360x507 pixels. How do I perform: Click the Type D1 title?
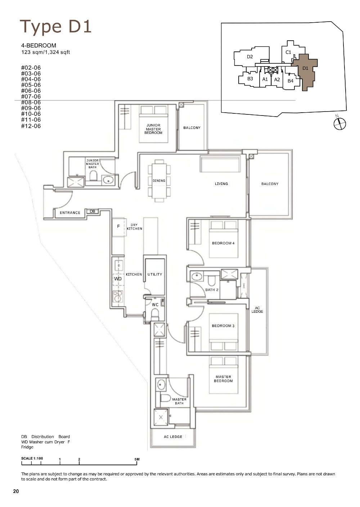click(56, 27)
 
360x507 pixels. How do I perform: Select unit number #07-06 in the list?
click(31, 96)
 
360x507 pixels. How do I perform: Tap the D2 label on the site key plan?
click(250, 56)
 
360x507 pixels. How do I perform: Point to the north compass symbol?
click(339, 124)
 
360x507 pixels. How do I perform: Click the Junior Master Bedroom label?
click(153, 129)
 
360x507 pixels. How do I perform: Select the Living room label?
click(221, 184)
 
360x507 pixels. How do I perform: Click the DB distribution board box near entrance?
click(93, 212)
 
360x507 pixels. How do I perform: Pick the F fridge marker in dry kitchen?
click(118, 227)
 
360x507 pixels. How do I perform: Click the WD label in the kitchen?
click(118, 279)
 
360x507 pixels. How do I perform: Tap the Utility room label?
click(155, 275)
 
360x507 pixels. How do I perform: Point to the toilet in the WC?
click(155, 315)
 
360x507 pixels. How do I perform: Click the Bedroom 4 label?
click(223, 243)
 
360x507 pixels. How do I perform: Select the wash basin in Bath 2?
click(197, 277)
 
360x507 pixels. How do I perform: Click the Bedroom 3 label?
click(223, 326)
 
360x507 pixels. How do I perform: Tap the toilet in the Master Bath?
click(165, 398)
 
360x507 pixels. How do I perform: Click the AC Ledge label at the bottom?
click(173, 437)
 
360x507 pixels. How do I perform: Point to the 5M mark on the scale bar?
click(137, 460)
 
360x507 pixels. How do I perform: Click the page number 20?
click(16, 492)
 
